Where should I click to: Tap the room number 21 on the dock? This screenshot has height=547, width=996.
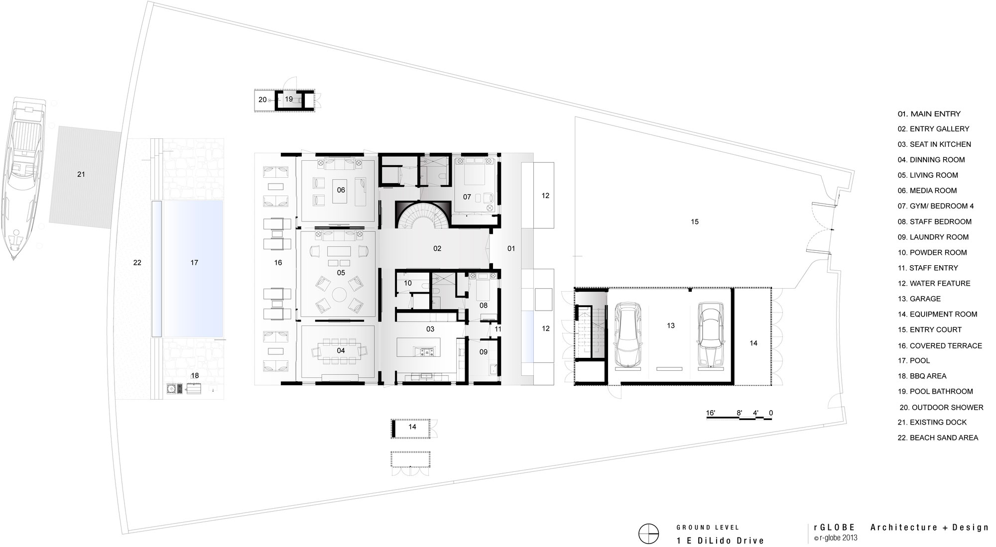[81, 174]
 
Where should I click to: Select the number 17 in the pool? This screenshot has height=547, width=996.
[194, 262]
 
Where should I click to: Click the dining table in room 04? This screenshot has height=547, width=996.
[341, 350]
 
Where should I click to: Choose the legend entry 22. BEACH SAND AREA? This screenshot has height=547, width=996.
[938, 438]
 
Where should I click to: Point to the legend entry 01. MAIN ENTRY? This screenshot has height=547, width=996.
[929, 113]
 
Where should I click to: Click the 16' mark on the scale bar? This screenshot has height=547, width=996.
[711, 413]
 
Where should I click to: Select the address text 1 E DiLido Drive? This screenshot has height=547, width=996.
[720, 541]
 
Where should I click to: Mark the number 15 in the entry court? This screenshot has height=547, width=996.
[695, 221]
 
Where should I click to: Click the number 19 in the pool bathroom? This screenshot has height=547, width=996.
[289, 99]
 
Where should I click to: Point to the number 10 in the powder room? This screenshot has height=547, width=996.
[408, 283]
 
